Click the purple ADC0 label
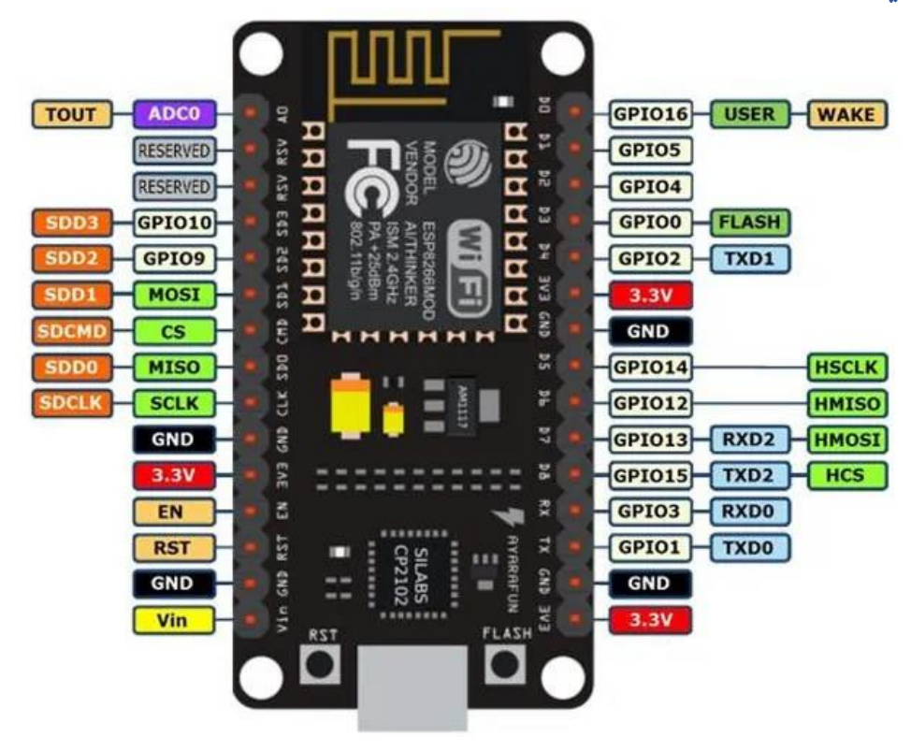(175, 115)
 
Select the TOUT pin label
(71, 115)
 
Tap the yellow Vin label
(175, 618)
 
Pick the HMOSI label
(845, 439)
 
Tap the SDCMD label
(71, 331)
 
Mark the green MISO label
(175, 367)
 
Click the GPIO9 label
(175, 258)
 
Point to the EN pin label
(175, 511)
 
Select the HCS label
(845, 475)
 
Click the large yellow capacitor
(354, 408)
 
